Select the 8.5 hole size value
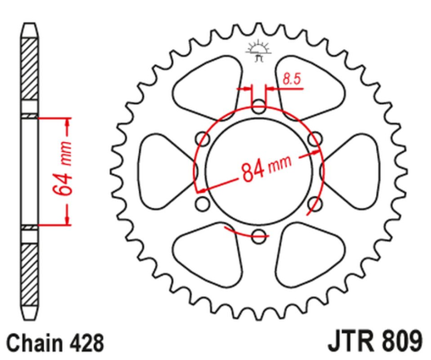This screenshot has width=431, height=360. tap(291, 80)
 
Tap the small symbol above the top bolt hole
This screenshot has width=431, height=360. tap(256, 53)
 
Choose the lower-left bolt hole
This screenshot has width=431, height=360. tap(201, 203)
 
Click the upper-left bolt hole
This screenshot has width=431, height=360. tap(201, 139)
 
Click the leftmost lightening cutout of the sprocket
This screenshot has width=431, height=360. tap(161, 170)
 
